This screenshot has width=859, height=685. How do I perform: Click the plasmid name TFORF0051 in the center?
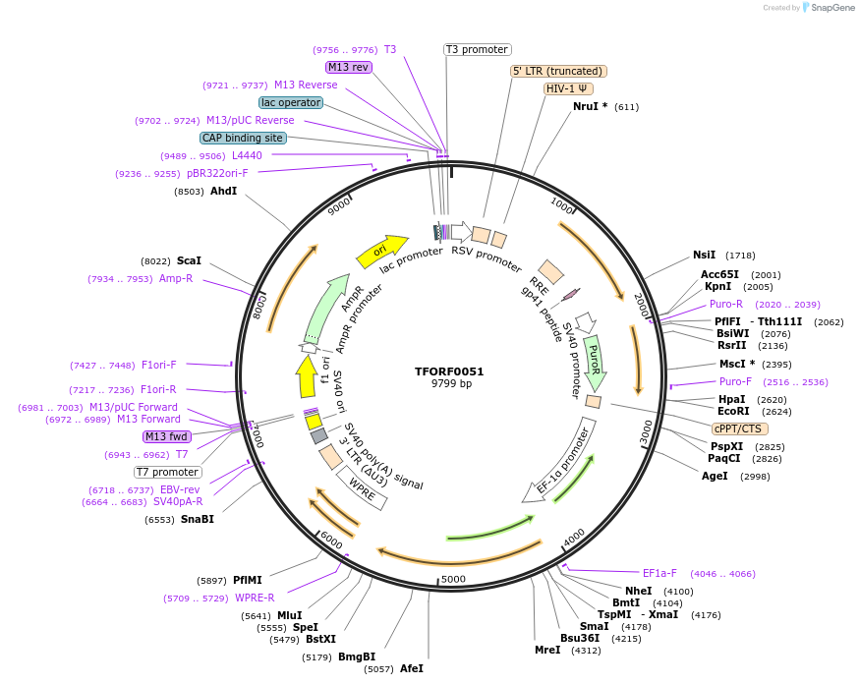tap(449, 371)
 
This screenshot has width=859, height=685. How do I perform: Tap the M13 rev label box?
tap(348, 67)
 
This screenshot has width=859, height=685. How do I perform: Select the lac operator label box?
tap(291, 102)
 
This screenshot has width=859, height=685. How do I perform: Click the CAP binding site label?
tap(243, 139)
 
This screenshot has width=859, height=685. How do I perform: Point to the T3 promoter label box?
tap(477, 49)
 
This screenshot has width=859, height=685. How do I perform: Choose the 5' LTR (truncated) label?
tap(558, 71)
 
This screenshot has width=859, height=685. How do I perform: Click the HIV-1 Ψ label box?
tap(568, 88)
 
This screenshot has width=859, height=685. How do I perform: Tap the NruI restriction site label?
tap(590, 107)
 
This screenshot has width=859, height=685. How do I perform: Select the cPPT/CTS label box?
tap(739, 428)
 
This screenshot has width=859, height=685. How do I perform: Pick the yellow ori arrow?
tap(381, 252)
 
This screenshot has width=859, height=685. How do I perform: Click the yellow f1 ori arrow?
tap(307, 375)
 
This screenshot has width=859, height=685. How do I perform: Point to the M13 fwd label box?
tap(167, 436)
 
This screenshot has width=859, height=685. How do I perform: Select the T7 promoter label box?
tap(168, 472)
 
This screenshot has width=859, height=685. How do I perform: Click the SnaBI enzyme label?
tap(197, 519)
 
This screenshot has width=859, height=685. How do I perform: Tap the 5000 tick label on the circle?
tap(453, 579)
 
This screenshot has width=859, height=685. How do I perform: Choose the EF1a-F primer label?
tap(659, 573)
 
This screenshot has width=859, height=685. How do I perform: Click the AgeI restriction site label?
tap(715, 476)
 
